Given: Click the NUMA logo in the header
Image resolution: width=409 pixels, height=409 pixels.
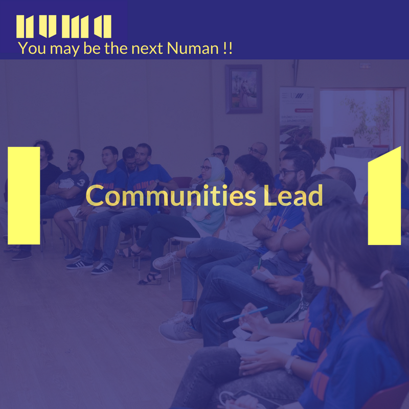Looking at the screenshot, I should (x=63, y=26).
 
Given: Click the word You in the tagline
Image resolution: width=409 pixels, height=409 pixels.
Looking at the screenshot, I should (x=30, y=49).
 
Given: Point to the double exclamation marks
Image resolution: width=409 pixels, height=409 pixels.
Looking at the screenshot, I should (x=228, y=49).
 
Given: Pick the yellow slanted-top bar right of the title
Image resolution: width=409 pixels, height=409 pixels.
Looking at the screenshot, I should (x=384, y=196).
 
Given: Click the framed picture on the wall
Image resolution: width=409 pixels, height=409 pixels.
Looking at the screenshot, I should (x=243, y=88).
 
